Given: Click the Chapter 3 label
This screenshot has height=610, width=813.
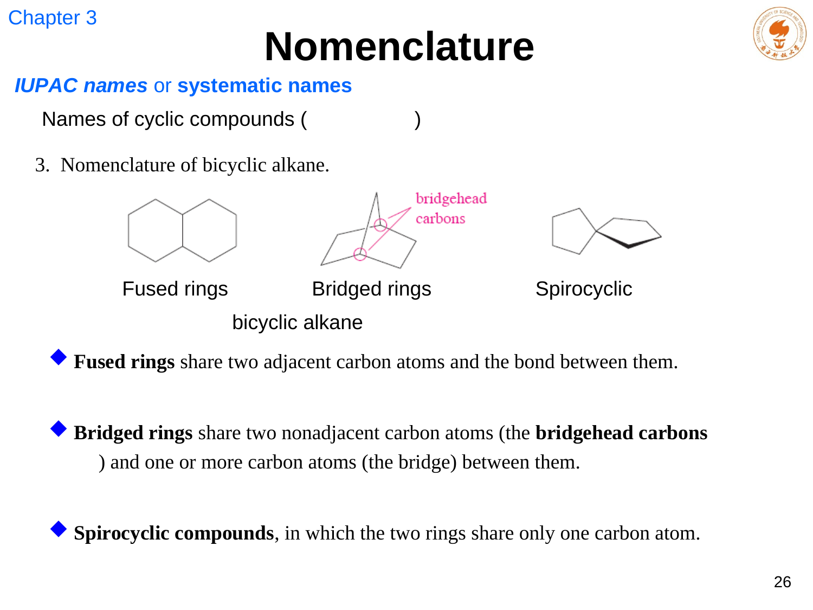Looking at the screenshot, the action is (x=52, y=18).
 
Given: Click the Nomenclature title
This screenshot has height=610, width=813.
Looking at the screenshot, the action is (x=399, y=47).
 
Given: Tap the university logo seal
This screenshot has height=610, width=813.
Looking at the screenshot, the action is (x=779, y=33).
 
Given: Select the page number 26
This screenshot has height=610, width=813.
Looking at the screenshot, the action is (x=782, y=582).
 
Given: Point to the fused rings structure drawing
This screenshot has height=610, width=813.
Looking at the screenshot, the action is (x=182, y=230).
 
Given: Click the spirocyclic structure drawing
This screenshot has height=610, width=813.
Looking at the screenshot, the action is (x=606, y=231).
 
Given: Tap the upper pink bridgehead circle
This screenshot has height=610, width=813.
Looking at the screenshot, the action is (x=380, y=224).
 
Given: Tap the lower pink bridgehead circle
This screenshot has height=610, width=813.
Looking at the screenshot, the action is (x=360, y=254).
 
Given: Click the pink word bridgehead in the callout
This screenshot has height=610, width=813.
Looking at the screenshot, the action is (x=451, y=199).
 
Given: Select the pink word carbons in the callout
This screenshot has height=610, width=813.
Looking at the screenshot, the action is (x=441, y=219).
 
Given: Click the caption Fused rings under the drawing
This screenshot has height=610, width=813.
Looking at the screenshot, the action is (x=175, y=289).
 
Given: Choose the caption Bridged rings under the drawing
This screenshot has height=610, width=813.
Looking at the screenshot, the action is (x=371, y=289).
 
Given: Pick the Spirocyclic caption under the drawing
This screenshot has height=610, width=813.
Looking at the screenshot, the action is (x=584, y=289).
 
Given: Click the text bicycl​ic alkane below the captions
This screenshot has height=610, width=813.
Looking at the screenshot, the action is (x=297, y=322).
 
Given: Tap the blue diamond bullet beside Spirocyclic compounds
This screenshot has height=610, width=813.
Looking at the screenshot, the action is (x=59, y=529).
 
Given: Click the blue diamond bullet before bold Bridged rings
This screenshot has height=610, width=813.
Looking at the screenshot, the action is (x=59, y=428).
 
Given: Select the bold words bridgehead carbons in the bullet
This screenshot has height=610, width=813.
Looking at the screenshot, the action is (x=621, y=433).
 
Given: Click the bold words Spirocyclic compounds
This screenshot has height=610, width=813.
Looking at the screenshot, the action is (x=174, y=534).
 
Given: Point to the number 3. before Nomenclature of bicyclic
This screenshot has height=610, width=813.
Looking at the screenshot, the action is (x=42, y=165).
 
